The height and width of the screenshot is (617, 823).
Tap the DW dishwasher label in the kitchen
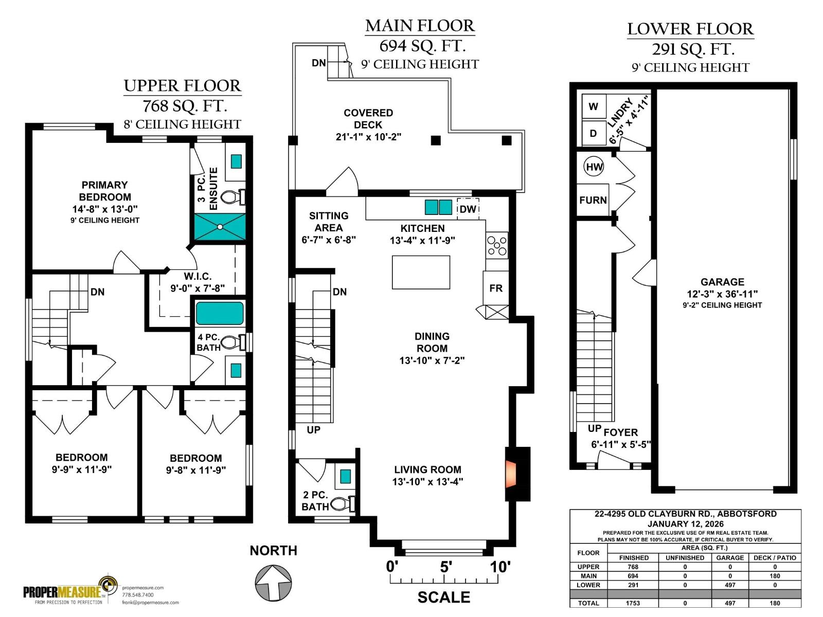click(x=468, y=209)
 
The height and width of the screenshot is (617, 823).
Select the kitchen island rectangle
click(x=421, y=273)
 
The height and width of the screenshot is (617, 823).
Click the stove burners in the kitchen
click(x=497, y=245)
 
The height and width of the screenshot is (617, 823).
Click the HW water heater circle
click(x=594, y=167)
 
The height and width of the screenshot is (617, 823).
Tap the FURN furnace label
click(x=593, y=200)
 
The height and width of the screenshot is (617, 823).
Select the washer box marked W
click(x=594, y=106)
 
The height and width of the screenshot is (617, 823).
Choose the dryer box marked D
click(x=594, y=133)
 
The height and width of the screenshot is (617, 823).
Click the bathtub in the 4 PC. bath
click(x=219, y=313)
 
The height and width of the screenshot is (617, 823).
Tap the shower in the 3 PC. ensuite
click(x=220, y=227)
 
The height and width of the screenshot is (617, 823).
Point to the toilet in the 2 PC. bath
click(x=343, y=504)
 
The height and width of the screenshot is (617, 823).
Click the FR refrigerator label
click(x=496, y=288)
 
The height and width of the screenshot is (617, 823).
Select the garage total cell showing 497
click(x=729, y=603)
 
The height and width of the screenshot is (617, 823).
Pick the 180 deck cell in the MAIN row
click(x=775, y=576)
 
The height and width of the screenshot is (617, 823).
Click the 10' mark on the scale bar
click(x=500, y=567)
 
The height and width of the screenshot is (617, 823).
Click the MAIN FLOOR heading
click(x=420, y=26)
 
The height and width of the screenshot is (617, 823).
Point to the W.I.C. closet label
click(x=198, y=277)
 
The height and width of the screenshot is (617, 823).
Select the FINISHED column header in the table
click(x=634, y=558)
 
